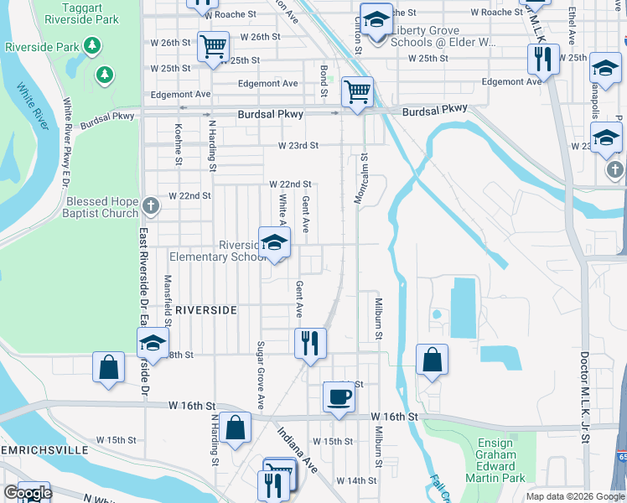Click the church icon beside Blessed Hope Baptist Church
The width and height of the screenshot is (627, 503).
tap(151, 205)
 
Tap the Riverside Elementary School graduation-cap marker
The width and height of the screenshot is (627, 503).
tap(274, 243)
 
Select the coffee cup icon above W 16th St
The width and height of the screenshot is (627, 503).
tap(339, 397)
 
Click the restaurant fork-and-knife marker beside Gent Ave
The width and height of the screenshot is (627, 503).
tap(310, 342)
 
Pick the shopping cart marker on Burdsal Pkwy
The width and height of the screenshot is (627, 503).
tap(358, 91)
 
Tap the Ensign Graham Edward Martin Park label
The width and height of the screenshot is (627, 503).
tap(501, 460)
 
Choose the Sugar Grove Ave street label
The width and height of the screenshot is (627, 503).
tap(261, 369)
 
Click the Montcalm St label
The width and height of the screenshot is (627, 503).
tap(364, 179)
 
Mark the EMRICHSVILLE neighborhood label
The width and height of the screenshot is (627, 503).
tap(44, 450)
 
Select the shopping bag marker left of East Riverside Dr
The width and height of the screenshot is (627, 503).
tap(109, 367)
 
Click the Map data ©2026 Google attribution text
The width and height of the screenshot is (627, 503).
tap(574, 496)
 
